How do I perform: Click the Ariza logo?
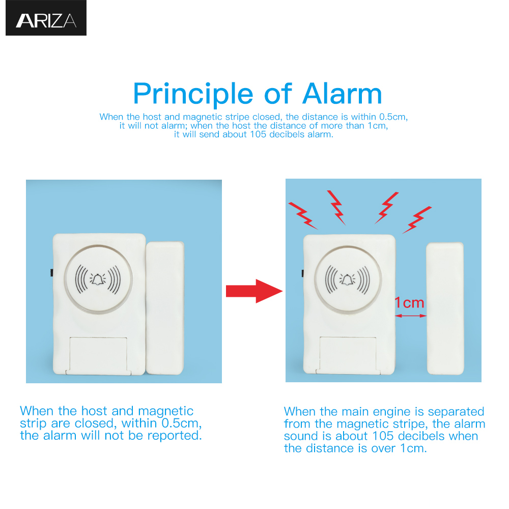click(x=46, y=20)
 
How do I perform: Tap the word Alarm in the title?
click(x=342, y=94)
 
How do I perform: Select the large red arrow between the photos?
click(x=253, y=291)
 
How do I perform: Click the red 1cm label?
click(x=410, y=303)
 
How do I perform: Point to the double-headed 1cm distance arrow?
click(x=411, y=316)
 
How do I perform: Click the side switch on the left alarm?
click(x=51, y=273)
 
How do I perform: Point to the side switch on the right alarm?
click(x=302, y=274)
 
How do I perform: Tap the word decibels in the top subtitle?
click(x=283, y=135)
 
